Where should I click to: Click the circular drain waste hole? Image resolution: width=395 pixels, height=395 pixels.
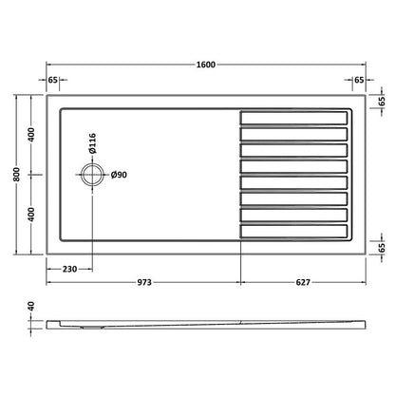coord(92,175)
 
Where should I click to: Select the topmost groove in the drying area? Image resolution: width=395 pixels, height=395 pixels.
coord(294,118)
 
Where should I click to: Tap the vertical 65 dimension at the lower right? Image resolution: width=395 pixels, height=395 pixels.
coord(382,247)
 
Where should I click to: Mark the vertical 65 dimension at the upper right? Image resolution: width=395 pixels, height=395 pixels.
coord(382,100)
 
